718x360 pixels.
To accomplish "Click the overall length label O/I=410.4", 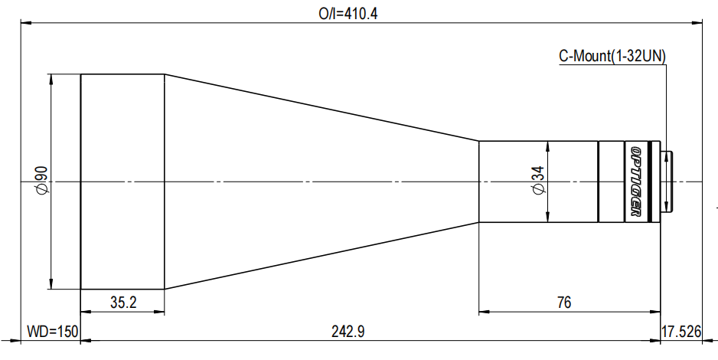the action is (x=348, y=14).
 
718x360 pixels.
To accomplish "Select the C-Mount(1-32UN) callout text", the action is (x=612, y=56).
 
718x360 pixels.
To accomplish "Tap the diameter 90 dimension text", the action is (x=41, y=182).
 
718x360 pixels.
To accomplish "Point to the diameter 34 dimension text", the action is (x=539, y=181).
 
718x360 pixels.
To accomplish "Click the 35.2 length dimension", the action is (x=123, y=303).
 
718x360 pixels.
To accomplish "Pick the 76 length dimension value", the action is (x=564, y=303).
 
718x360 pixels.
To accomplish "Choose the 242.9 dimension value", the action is (x=348, y=331).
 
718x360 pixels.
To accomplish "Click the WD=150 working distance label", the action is (x=52, y=331).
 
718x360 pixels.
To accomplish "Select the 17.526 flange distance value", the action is (x=681, y=331).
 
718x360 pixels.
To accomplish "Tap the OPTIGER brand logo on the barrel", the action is (x=636, y=182).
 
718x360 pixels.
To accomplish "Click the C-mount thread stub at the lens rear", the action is (x=667, y=182).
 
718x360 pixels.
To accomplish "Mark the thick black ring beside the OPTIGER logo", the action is (x=649, y=182).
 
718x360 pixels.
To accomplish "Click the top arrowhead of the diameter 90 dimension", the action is (x=51, y=79).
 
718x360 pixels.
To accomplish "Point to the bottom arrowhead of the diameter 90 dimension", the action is (x=51, y=284).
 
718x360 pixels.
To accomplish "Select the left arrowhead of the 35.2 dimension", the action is (x=86, y=312).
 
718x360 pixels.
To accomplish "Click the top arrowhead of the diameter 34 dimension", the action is (x=548, y=146).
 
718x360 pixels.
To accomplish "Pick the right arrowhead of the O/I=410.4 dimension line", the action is (x=697, y=22).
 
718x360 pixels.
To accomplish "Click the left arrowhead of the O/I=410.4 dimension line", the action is (x=27, y=22).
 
